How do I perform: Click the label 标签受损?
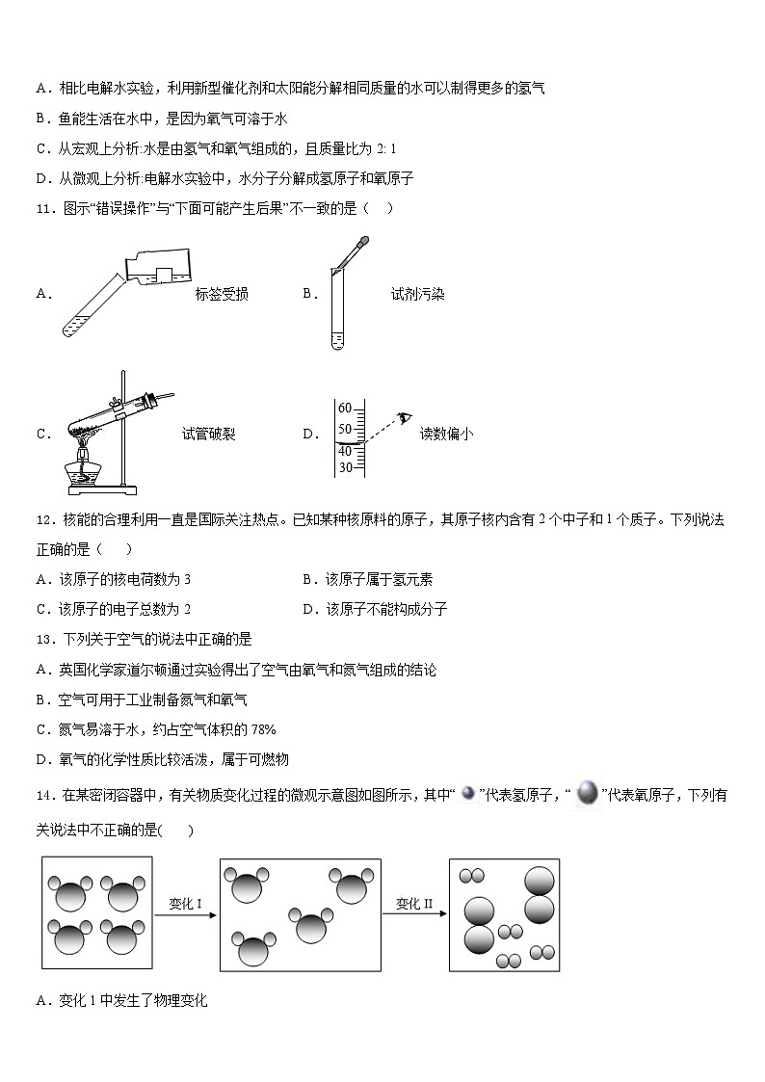221,295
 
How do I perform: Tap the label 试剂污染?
417,295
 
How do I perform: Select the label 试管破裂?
208,434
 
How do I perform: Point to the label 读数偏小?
446,434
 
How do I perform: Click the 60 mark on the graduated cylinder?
344,409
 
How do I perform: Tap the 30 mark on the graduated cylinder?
344,468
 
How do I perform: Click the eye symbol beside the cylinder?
405,417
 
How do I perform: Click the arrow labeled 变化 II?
415,916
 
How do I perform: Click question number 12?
43,519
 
